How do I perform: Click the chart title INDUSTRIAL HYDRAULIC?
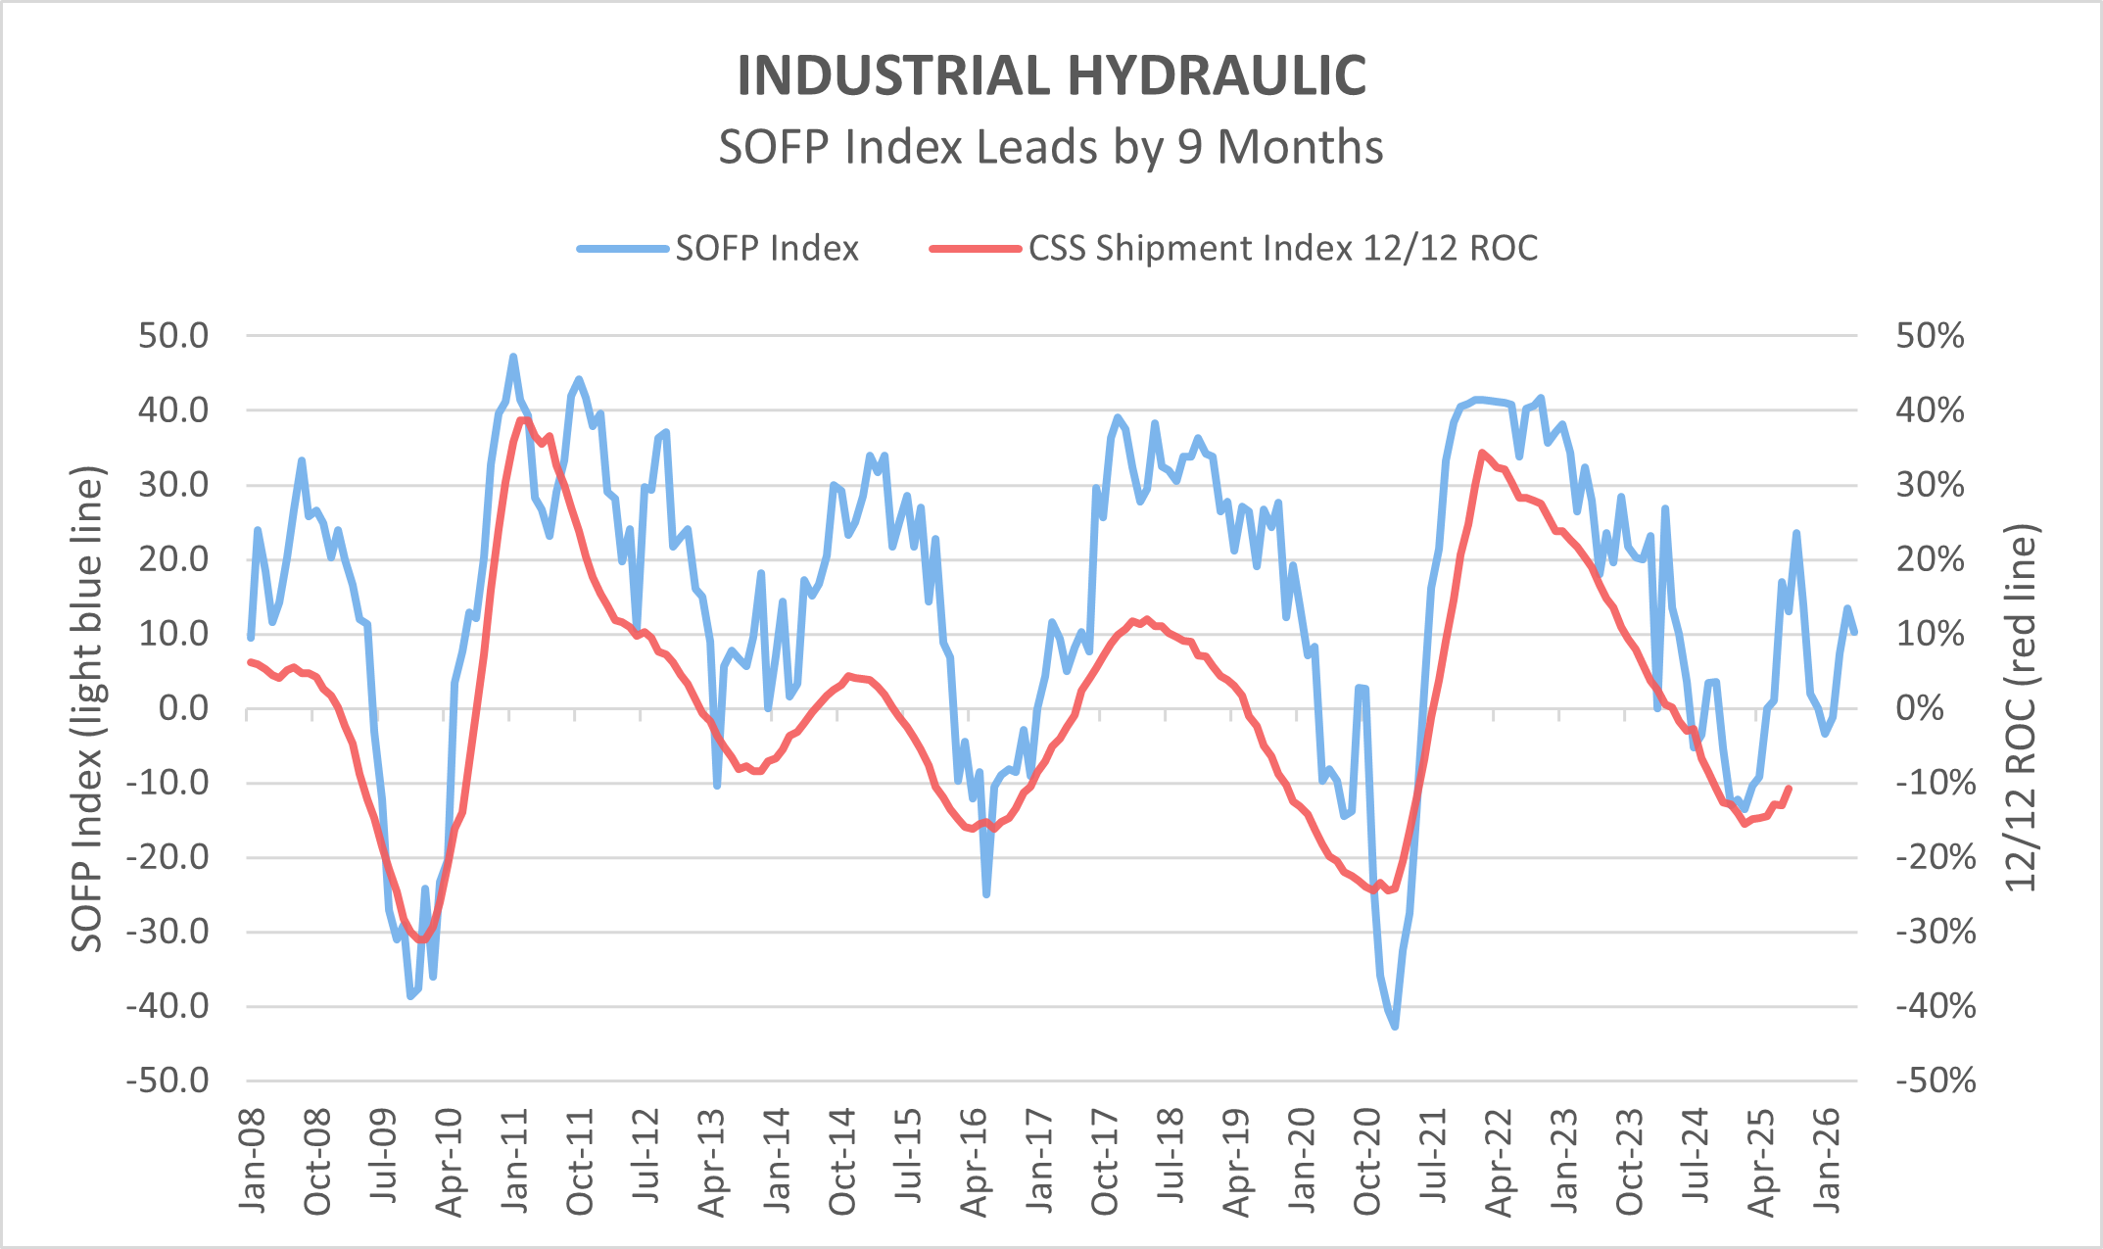coord(1051,75)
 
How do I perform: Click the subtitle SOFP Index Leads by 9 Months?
coord(1051,147)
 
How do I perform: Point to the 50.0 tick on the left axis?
coord(173,336)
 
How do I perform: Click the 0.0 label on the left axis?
coord(183,708)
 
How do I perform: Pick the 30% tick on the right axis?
coord(1930,485)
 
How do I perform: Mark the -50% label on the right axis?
coord(1936,1081)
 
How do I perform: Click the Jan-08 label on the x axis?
coord(253,1161)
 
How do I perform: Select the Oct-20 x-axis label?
coord(1366,1161)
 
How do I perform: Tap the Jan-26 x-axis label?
coord(1827,1161)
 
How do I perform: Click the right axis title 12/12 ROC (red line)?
coord(2021,708)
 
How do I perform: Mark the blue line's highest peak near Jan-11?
coord(513,357)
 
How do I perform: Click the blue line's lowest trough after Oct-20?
coord(1395,1026)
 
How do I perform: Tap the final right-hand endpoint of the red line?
coord(1790,788)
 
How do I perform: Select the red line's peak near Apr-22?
coord(1482,453)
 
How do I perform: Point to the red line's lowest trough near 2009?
coord(422,940)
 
